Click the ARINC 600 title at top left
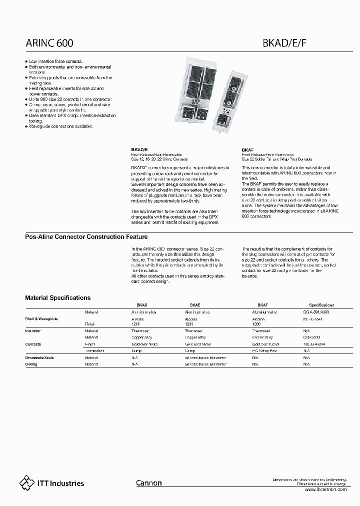[49, 44]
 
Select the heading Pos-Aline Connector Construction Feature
[86, 236]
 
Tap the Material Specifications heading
[58, 297]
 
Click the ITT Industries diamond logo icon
[26, 482]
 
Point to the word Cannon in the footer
[149, 483]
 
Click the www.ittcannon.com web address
[325, 489]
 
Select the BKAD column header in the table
[142, 304]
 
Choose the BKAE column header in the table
[195, 304]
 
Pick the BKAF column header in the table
[262, 304]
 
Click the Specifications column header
[321, 304]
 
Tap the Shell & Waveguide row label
[41, 318]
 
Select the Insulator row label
[33, 331]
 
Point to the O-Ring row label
[31, 364]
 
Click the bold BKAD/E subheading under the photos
[139, 149]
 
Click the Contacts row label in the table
[33, 344]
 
